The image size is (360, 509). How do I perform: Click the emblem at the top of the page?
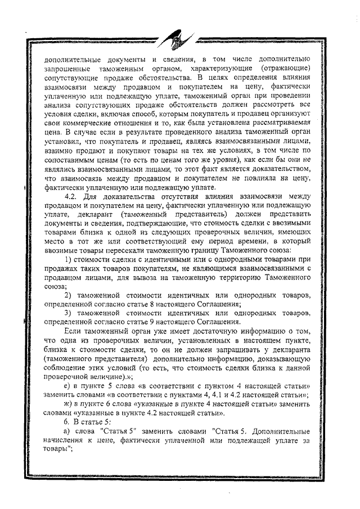pyautogui.click(x=172, y=41)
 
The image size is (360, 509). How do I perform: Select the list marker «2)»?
pyautogui.click(x=67, y=295)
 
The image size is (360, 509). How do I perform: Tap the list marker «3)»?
pyautogui.click(x=67, y=313)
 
